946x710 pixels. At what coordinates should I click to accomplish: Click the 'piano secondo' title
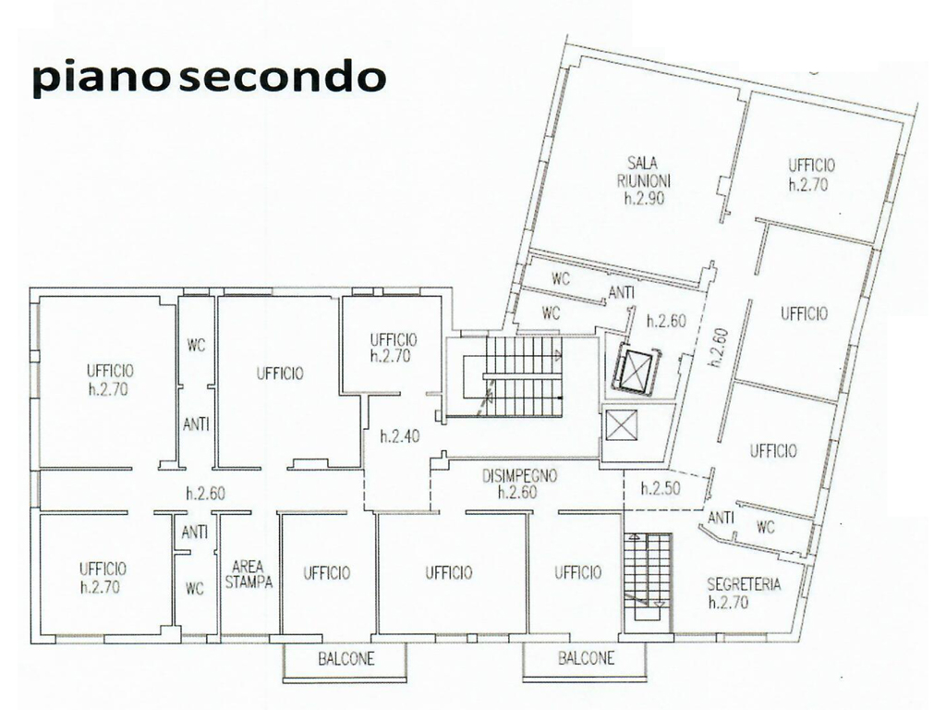pyautogui.click(x=209, y=78)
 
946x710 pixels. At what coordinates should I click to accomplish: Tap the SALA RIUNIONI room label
pyautogui.click(x=644, y=171)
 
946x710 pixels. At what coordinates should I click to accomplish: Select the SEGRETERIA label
pyautogui.click(x=744, y=584)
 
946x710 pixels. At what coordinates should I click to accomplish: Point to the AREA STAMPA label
pyautogui.click(x=249, y=574)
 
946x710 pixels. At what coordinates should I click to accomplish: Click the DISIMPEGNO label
pyautogui.click(x=519, y=476)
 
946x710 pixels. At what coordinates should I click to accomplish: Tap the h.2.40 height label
pyautogui.click(x=400, y=436)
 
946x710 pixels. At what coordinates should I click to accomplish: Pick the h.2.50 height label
pyautogui.click(x=660, y=488)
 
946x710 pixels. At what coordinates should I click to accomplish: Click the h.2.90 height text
pyautogui.click(x=644, y=198)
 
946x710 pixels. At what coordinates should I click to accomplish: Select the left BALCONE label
pyautogui.click(x=346, y=658)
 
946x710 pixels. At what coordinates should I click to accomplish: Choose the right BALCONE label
pyautogui.click(x=586, y=658)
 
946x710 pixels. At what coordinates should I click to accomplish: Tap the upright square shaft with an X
pyautogui.click(x=621, y=424)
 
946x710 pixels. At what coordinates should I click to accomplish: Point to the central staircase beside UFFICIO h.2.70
pyautogui.click(x=524, y=376)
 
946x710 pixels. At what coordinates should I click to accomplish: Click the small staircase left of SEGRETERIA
pyautogui.click(x=648, y=577)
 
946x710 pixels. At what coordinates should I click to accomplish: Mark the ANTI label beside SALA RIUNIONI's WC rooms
pyautogui.click(x=621, y=293)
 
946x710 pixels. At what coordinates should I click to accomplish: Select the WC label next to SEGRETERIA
pyautogui.click(x=765, y=527)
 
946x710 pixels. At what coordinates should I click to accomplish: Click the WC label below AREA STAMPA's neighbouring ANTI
pyautogui.click(x=194, y=588)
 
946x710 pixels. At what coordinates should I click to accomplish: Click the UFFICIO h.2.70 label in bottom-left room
pyautogui.click(x=103, y=578)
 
